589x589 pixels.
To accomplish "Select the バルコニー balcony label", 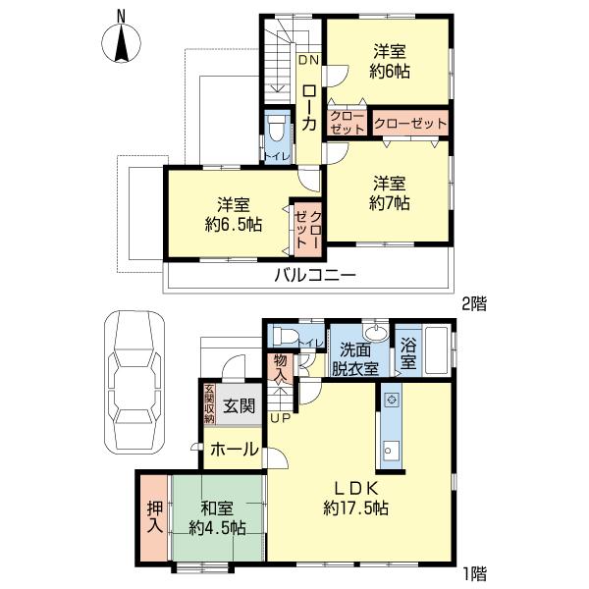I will point(314,275).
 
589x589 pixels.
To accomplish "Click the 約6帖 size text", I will point(390,71).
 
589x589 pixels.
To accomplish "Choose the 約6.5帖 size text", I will point(233,225).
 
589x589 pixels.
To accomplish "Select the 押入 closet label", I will point(154,517).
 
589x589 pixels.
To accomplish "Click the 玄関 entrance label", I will point(235,406).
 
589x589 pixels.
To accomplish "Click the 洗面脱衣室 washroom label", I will point(358,358).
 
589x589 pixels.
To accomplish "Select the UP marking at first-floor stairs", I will point(280,418).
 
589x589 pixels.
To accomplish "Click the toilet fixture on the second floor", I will point(277,130).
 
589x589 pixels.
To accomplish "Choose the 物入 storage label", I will point(281,367).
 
